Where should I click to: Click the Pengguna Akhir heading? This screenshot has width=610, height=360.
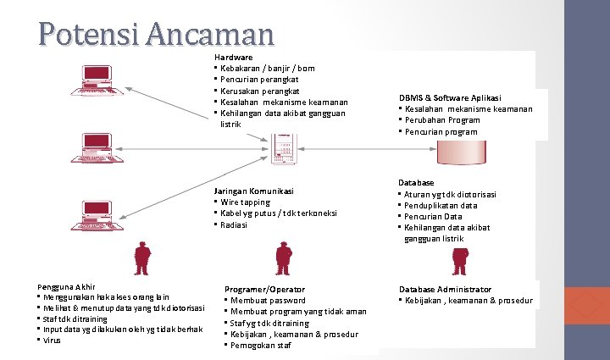coord(66,286)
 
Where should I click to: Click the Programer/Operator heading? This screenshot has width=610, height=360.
coord(264,289)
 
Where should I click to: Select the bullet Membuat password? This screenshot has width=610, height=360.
coord(268,301)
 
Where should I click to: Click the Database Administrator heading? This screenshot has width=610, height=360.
coord(445,289)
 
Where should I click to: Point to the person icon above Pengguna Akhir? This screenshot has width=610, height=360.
coord(142,255)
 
